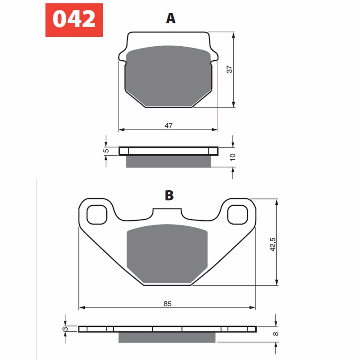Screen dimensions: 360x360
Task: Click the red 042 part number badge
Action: point(74,20)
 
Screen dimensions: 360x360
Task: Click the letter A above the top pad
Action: point(171,18)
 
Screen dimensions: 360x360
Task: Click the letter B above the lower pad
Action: point(169,195)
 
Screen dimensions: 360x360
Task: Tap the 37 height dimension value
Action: point(229,69)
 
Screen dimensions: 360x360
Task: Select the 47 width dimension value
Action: point(168,126)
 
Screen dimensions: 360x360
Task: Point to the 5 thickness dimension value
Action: point(106,151)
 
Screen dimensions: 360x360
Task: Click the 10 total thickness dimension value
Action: point(233,157)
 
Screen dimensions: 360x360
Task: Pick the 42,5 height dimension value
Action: point(273,244)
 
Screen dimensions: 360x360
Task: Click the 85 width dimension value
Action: point(167,304)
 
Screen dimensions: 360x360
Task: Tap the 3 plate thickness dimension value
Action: point(65,329)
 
